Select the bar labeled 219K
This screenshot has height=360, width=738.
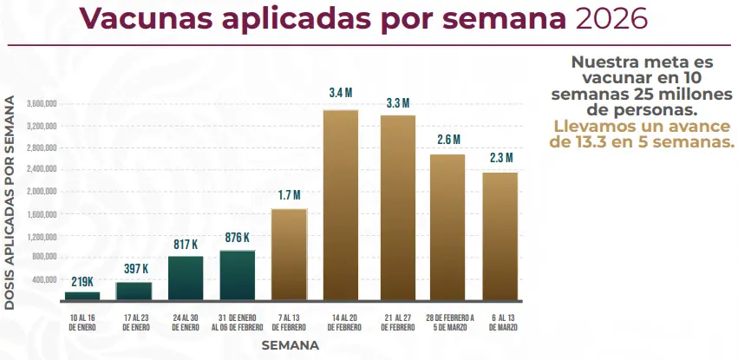82,296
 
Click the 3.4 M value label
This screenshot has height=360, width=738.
340,93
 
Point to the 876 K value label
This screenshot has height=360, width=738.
236,237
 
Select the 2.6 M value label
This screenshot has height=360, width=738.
447,140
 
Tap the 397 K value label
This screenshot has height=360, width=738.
134,269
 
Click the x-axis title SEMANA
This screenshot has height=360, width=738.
291,345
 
